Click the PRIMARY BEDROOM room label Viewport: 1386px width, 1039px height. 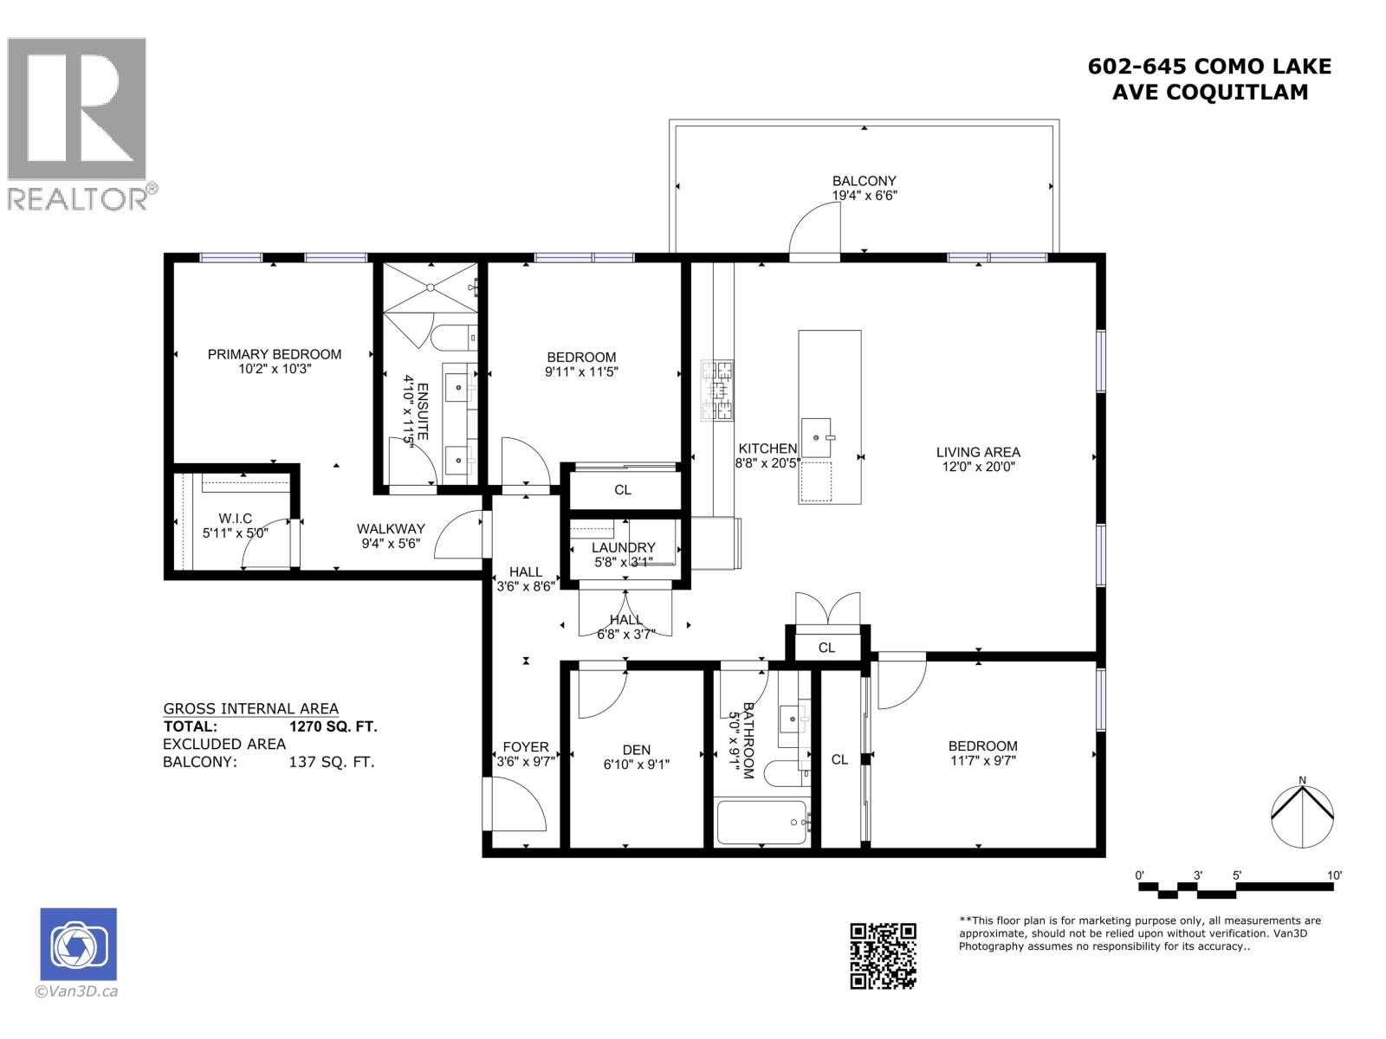(274, 354)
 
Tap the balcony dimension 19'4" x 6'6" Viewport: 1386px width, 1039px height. (864, 196)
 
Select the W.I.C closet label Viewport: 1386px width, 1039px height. (236, 519)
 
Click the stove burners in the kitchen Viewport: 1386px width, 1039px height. (717, 391)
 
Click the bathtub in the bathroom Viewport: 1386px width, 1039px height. (762, 822)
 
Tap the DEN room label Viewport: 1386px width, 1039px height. (636, 750)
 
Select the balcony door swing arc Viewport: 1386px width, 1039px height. (813, 227)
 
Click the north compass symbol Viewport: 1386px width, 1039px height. (1302, 814)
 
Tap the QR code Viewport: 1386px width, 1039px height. (883, 956)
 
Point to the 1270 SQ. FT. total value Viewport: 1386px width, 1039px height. (334, 727)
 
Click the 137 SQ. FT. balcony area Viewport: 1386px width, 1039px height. (332, 763)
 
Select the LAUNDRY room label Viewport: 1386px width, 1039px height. (623, 547)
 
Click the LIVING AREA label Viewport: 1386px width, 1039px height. (978, 452)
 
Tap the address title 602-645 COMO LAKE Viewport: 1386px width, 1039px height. (1209, 67)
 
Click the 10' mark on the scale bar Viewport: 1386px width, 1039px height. (1334, 875)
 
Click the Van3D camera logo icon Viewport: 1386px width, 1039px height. (78, 945)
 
